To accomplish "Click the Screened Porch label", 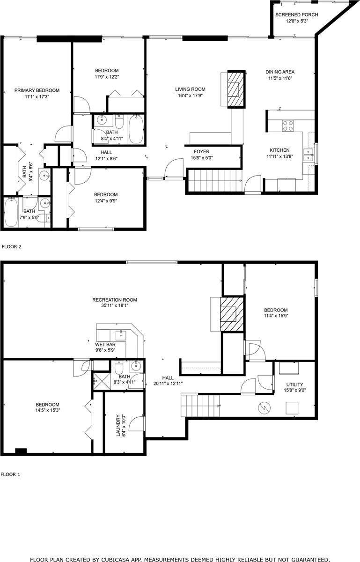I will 302,15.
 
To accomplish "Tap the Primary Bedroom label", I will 37,90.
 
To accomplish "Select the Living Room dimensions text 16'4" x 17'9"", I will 190,96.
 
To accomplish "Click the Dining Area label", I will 280,72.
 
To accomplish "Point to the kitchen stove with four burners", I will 287,126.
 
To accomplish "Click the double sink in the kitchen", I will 308,155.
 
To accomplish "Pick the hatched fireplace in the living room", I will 236,89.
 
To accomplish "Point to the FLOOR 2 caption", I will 12,246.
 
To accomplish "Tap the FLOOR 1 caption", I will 11,474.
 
